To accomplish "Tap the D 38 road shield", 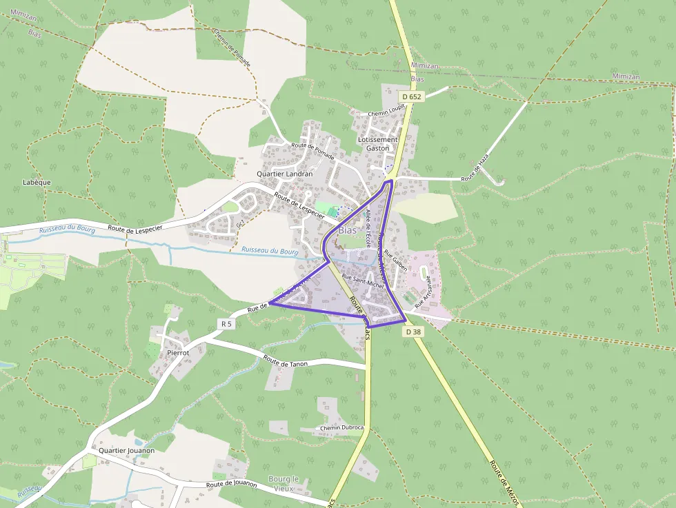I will click(413, 332).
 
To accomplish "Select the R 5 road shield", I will click(226, 323).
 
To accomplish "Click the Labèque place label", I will click(37, 183).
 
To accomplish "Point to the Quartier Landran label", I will click(284, 174).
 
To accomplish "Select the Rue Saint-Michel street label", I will click(362, 281).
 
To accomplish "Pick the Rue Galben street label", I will click(396, 261).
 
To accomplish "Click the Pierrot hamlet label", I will click(178, 352).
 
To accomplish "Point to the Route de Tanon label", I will click(285, 361).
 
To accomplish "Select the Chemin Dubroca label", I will click(341, 428).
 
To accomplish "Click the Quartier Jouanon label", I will click(126, 451).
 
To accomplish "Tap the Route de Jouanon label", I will click(231, 485).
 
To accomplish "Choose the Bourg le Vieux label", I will click(284, 484).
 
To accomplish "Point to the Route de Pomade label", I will click(312, 151).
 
